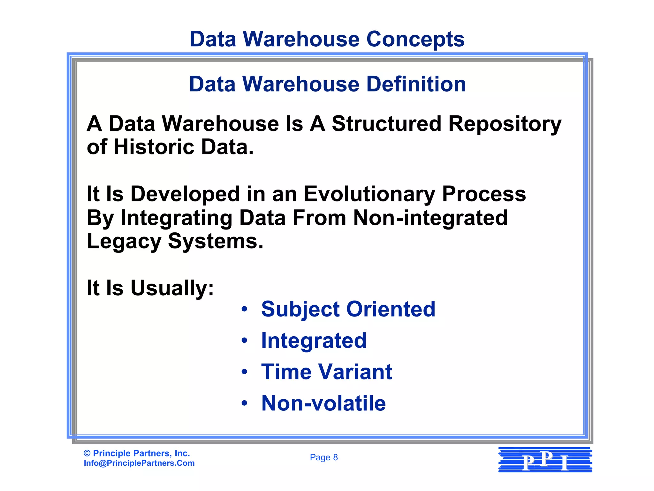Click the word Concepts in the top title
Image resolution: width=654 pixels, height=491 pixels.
tap(415, 39)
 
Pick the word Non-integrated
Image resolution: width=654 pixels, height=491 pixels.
tap(430, 218)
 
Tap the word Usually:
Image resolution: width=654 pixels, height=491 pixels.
tap(172, 288)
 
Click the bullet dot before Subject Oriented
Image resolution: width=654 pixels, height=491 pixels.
tap(245, 309)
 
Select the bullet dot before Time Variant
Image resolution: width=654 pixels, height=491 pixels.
tap(245, 372)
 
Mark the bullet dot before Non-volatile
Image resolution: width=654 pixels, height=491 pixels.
tap(245, 403)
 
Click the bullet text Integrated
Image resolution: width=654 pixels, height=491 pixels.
tap(314, 341)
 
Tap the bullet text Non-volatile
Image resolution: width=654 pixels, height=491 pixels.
tap(323, 403)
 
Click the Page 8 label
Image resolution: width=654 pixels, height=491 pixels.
tap(324, 457)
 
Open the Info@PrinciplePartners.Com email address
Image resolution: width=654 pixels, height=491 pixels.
tap(139, 463)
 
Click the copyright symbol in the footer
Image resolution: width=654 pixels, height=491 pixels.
tap(87, 453)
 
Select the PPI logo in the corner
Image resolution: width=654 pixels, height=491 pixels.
tap(545, 460)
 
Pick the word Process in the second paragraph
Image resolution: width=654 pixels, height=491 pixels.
tap(484, 194)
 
